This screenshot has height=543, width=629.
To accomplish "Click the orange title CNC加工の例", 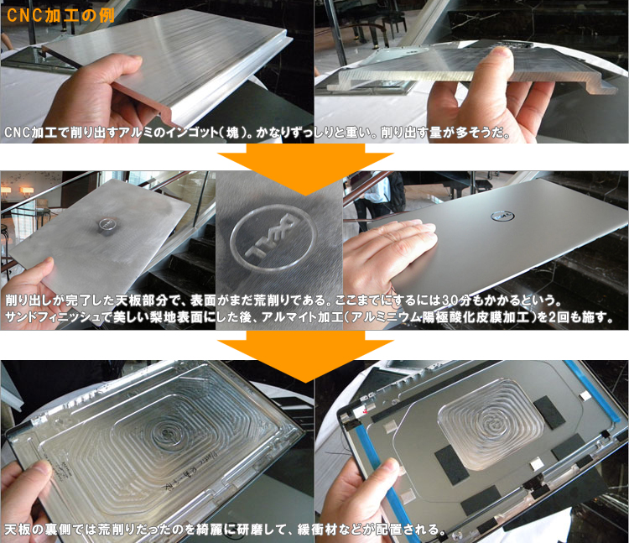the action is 60,15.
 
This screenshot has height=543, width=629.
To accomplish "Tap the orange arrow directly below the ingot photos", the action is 305,168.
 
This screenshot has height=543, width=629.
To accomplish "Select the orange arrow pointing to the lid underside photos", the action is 305,356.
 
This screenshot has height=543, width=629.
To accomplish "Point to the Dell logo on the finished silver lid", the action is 502,217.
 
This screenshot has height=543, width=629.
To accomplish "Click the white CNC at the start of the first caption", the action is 18,133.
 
